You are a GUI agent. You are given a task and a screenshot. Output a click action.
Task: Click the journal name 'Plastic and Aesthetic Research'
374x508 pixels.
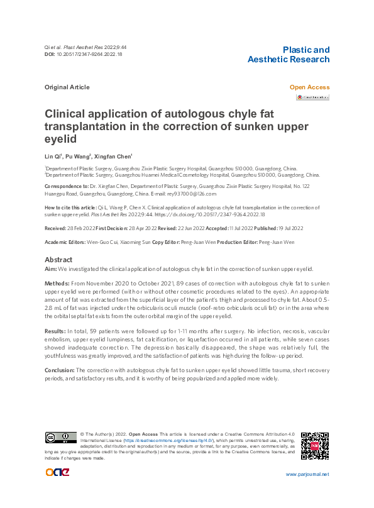pyautogui.click(x=289, y=55)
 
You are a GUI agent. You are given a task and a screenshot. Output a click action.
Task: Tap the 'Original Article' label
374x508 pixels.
pyautogui.click(x=67, y=87)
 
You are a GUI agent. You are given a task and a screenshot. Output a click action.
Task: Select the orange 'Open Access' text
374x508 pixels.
pyautogui.click(x=309, y=87)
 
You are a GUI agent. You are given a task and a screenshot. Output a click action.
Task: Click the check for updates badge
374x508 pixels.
pyautogui.click(x=312, y=97)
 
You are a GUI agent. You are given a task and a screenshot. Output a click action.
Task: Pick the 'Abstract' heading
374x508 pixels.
pyautogui.click(x=58, y=260)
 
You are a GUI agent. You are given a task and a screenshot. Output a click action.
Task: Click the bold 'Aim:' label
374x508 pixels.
pyautogui.click(x=51, y=268)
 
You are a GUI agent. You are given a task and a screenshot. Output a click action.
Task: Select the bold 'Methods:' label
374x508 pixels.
pyautogui.click(x=57, y=284)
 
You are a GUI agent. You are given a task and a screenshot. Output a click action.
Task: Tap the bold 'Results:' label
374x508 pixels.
pyautogui.click(x=55, y=329)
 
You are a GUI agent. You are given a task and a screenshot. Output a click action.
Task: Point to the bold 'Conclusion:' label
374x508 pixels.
pyautogui.click(x=59, y=370)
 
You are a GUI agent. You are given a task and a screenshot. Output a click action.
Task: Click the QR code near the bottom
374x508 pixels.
pyautogui.click(x=315, y=446)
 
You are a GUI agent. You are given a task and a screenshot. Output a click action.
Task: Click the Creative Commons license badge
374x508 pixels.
pyautogui.click(x=60, y=437)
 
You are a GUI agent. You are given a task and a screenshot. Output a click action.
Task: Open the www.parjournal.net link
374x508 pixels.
pyautogui.click(x=307, y=474)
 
